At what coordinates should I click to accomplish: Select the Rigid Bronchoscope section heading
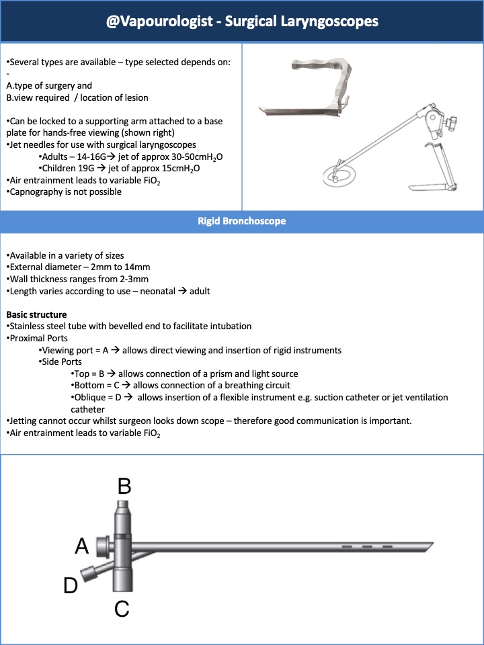click(x=241, y=221)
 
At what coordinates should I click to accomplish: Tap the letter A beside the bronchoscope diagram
click(x=81, y=547)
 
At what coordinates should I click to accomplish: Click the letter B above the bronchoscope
click(x=124, y=485)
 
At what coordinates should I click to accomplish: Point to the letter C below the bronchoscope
click(x=122, y=609)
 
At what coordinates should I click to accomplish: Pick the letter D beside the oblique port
click(x=71, y=586)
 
